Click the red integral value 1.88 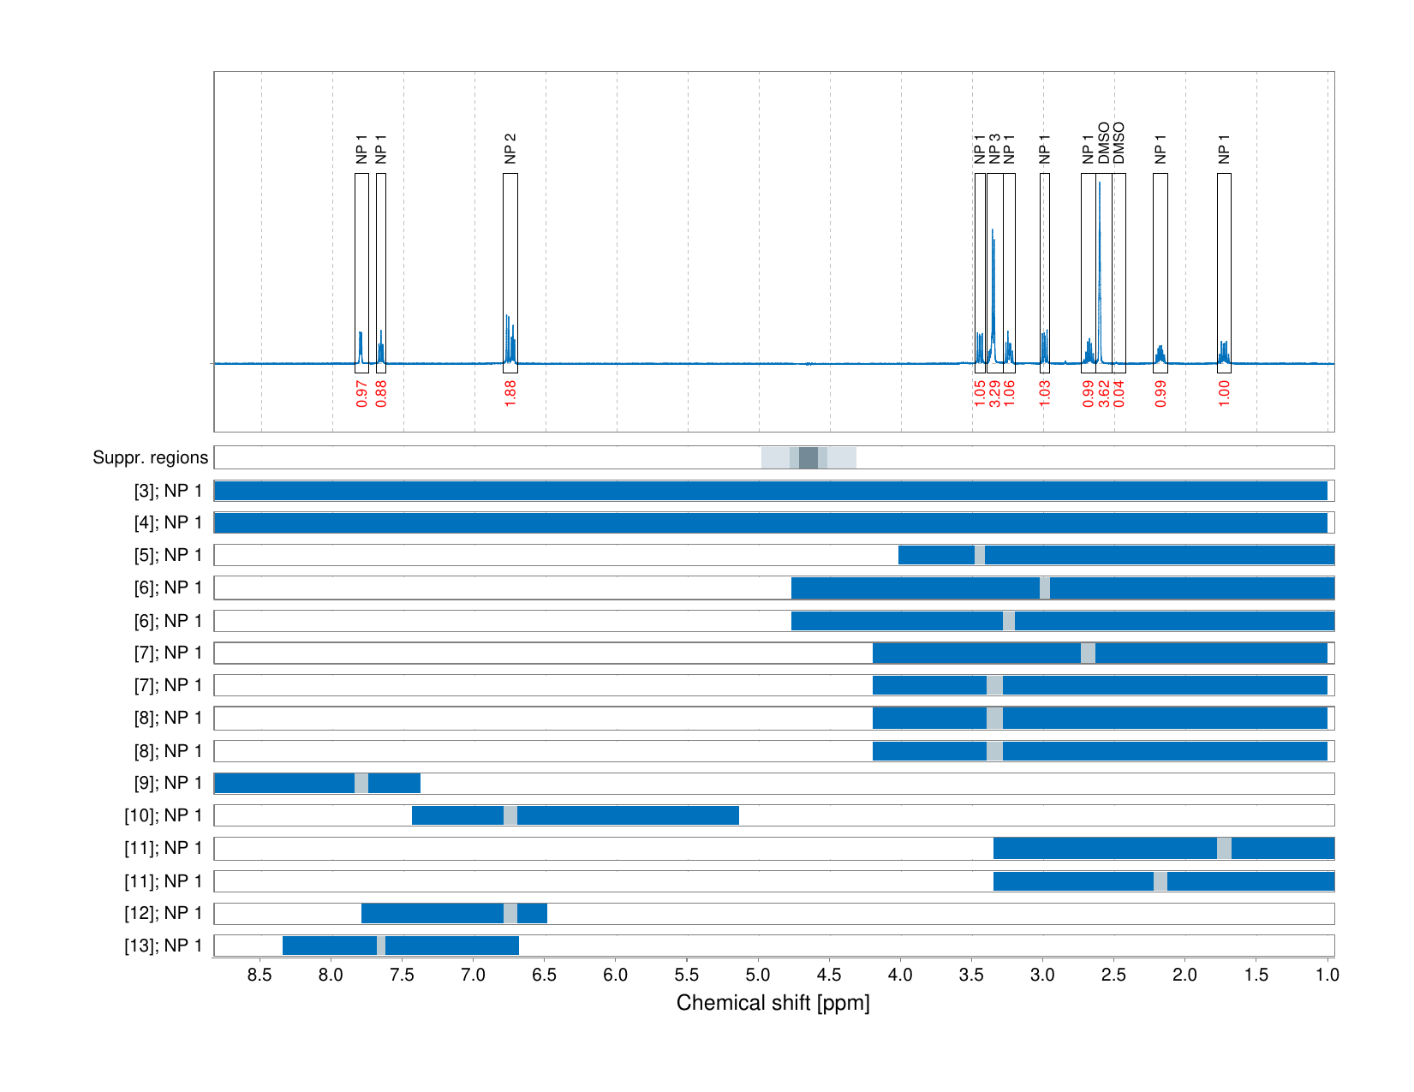510,392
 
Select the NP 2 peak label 510,148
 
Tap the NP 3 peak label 994,148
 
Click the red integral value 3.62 1104,393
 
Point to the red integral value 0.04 1119,393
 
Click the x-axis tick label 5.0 758,975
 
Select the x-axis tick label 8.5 260,975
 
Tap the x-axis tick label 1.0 1327,975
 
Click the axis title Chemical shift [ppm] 773,1003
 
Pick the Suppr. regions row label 150,457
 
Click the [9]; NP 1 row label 168,783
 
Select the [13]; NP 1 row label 164,946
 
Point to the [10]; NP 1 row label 164,815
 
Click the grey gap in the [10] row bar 510,815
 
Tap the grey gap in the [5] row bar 980,555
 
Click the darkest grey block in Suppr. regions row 808,457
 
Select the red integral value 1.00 1224,392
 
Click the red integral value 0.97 361,393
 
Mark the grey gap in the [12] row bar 510,913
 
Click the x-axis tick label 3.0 1042,975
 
